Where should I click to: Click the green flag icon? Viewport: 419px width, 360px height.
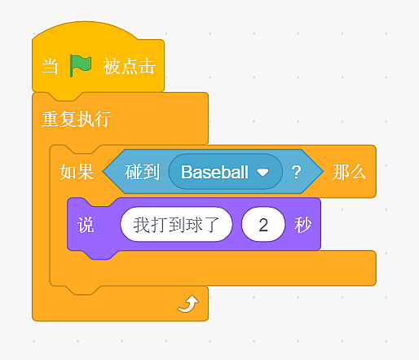point(81,65)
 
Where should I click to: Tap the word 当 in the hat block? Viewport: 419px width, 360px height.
point(51,66)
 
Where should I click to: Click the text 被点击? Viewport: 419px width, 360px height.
point(129,66)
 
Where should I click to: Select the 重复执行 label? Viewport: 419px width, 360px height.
point(77,119)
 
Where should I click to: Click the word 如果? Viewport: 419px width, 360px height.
point(77,172)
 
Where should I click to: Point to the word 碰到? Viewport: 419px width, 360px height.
point(142,172)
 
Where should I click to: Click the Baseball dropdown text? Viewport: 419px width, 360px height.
point(214,172)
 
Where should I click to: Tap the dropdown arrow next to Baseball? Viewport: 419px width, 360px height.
point(262,173)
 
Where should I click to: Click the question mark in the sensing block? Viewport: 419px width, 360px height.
point(296,172)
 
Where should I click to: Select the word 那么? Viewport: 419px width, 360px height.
point(349,172)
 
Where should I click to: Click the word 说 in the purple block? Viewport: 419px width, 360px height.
point(86,225)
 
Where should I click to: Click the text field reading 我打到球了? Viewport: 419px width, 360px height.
point(176,225)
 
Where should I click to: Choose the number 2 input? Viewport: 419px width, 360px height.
point(263,225)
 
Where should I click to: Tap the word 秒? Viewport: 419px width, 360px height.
point(302,225)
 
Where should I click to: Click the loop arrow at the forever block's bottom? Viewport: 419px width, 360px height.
point(188,304)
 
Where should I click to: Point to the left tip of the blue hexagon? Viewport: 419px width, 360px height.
point(103,172)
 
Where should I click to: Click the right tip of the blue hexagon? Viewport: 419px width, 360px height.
point(324,172)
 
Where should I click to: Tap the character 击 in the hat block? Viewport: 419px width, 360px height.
point(147,66)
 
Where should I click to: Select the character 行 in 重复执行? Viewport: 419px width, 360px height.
point(103,119)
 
